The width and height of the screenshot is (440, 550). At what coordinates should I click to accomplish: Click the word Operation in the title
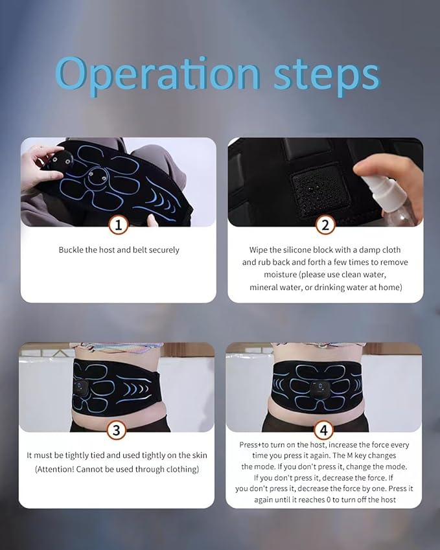[157, 74]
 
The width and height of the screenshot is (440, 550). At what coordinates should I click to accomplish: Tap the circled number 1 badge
[118, 225]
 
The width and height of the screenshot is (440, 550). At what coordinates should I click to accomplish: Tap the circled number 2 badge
[325, 225]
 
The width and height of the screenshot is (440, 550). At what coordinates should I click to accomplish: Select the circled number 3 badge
[116, 430]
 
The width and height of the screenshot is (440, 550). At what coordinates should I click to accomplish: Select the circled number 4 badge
[323, 430]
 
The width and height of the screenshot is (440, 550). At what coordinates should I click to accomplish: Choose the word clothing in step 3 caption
[181, 469]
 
